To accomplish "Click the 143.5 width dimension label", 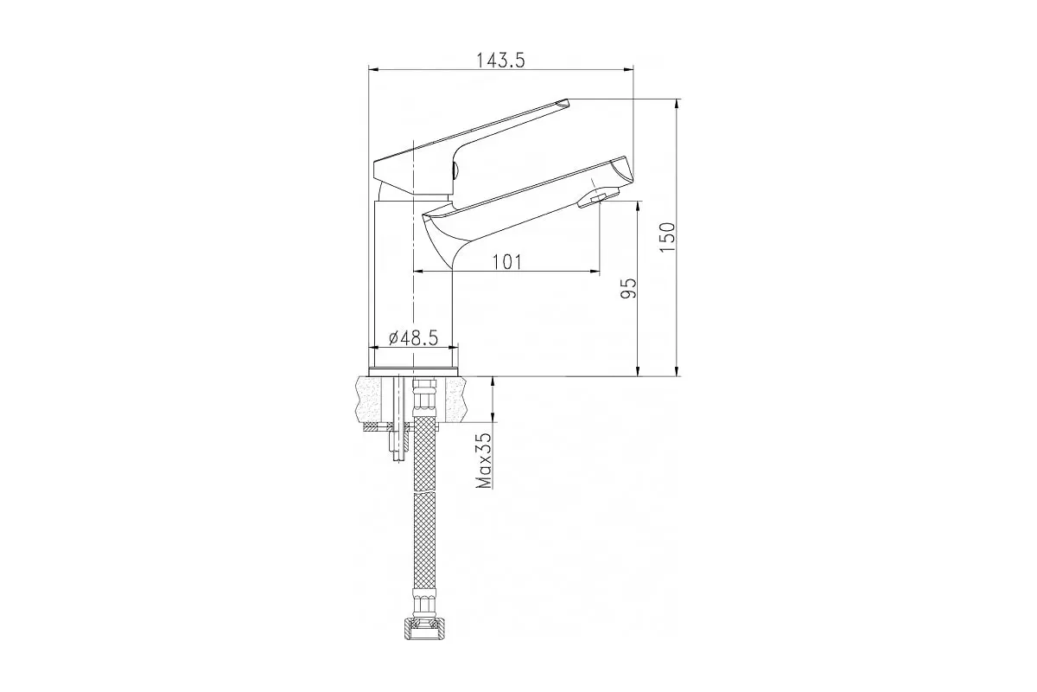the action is pyautogui.click(x=501, y=60).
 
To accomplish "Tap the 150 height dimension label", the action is pyautogui.click(x=667, y=237).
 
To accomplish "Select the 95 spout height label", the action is pyautogui.click(x=629, y=288).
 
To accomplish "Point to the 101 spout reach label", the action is pyautogui.click(x=506, y=262).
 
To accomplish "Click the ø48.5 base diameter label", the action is pyautogui.click(x=413, y=338).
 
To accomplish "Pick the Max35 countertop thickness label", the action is pyautogui.click(x=484, y=461).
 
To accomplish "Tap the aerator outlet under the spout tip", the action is pyautogui.click(x=598, y=197).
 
